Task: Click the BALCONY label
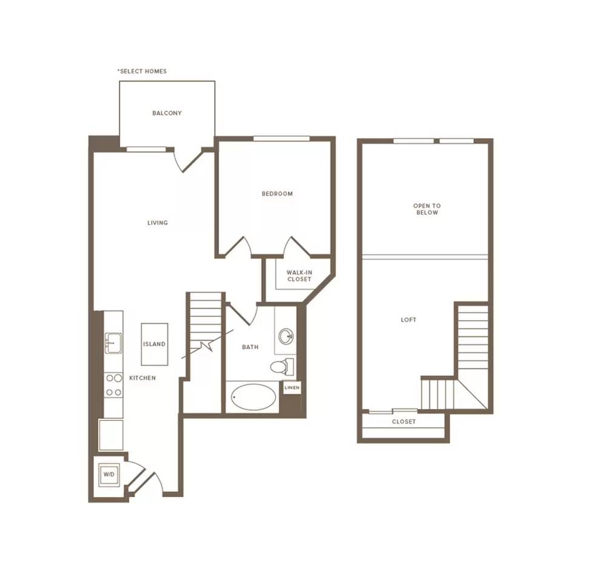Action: (167, 113)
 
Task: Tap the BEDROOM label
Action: (277, 193)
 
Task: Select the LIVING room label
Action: (158, 222)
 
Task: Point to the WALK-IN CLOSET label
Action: (299, 276)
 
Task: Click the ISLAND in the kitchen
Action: (155, 344)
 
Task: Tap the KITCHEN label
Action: (143, 378)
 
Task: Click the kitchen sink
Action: (113, 343)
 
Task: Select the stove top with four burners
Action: (113, 385)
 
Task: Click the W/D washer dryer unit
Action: (109, 475)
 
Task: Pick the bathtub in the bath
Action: (253, 397)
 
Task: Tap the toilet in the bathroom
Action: (282, 366)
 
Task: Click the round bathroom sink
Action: (286, 336)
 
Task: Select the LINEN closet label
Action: (292, 387)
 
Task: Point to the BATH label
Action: (250, 347)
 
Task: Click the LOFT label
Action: (409, 319)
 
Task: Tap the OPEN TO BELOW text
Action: (427, 209)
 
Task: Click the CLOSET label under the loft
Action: (404, 421)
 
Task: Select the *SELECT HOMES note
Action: (142, 71)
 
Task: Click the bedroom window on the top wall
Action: (281, 139)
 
